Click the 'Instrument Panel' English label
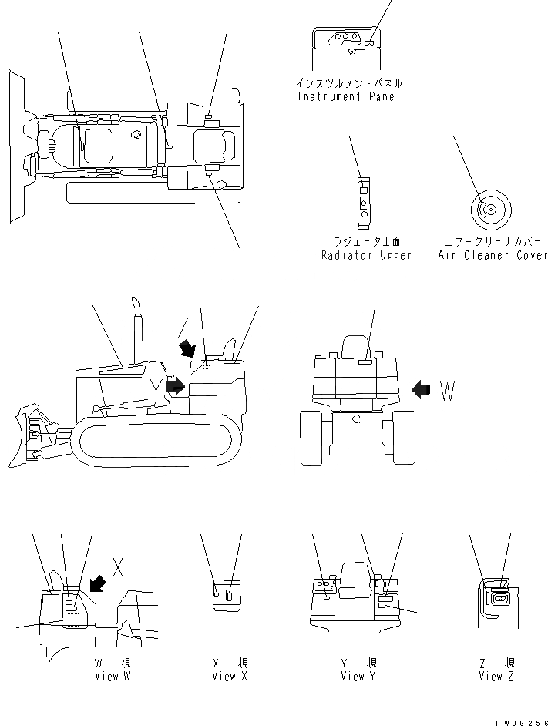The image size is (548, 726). coord(348,97)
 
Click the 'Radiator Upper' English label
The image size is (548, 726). coord(366,255)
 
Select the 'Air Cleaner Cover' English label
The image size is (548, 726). coord(493,255)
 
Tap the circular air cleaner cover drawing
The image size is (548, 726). coord(489,208)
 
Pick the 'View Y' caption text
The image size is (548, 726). coord(358,676)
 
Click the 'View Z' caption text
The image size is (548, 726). coord(496,676)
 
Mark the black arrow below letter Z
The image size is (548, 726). coord(187,350)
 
